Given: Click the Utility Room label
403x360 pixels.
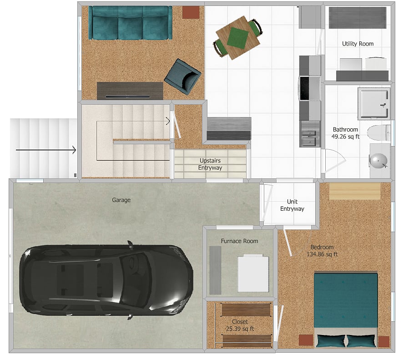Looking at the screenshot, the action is (x=358, y=44).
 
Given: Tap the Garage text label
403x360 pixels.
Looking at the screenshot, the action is (x=121, y=200).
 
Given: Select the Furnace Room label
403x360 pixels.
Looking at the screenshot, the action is (x=239, y=241).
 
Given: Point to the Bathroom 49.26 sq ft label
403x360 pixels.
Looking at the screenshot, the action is (x=345, y=133).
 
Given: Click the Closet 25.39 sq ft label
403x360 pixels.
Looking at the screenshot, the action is (x=240, y=325).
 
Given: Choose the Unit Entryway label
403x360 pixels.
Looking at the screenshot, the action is (x=292, y=205).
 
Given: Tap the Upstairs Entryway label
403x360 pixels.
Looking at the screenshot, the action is (x=210, y=164).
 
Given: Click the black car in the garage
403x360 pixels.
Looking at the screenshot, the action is (x=106, y=280).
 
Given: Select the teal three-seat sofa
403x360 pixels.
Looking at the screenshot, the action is (x=130, y=23).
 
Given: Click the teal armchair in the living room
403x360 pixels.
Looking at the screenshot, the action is (x=182, y=76).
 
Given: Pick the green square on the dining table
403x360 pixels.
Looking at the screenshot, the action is (x=238, y=38).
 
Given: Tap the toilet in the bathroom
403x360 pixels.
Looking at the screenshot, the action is (x=379, y=133).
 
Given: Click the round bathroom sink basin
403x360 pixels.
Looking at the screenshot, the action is (x=378, y=161).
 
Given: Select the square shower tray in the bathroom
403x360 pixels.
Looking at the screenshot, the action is (x=374, y=103).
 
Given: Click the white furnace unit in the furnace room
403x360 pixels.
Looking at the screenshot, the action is (x=253, y=274).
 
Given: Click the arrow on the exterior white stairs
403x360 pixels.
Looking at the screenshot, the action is (x=46, y=150).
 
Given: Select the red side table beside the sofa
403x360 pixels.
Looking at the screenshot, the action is (x=191, y=12).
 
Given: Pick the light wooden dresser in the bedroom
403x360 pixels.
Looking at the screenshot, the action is (x=355, y=191).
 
